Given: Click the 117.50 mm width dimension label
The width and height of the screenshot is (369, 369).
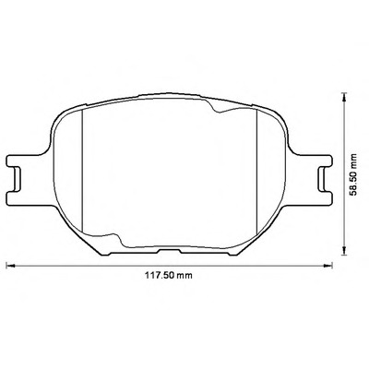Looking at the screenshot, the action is pyautogui.click(x=169, y=275).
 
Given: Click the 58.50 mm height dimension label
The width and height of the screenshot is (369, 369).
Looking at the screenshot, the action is pyautogui.click(x=354, y=174).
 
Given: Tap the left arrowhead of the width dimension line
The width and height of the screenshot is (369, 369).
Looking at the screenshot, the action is pyautogui.click(x=10, y=265).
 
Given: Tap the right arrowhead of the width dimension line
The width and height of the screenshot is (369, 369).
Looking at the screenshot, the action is pyautogui.click(x=328, y=265).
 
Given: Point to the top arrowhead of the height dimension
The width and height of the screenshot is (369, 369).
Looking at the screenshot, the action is pyautogui.click(x=344, y=96).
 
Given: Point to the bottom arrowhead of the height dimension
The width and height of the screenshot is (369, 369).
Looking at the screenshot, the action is pyautogui.click(x=344, y=251).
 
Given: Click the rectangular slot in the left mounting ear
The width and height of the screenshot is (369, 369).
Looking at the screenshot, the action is pyautogui.click(x=17, y=179).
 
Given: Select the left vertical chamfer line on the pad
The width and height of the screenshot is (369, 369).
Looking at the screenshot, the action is pyautogui.click(x=83, y=171).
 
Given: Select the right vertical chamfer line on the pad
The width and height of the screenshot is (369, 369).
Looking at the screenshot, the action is pyautogui.click(x=256, y=171).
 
